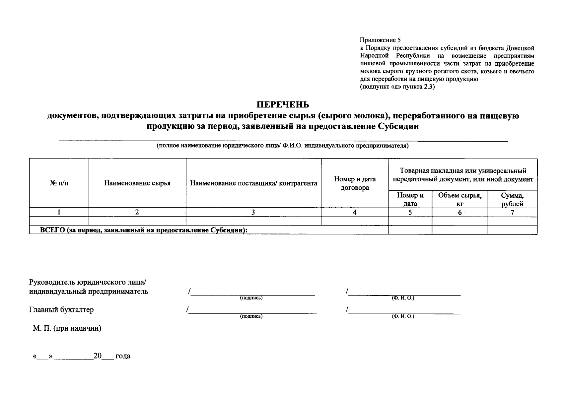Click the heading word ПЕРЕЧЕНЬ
coord(283,104)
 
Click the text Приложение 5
coord(380,40)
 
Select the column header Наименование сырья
coord(137,183)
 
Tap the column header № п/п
coord(59,183)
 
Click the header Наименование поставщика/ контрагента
coord(253,183)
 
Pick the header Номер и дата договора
coord(355,183)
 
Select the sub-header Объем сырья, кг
coord(459,199)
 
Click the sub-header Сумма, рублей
coord(512,199)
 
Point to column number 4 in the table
coord(355,212)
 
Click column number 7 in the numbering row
coord(512,213)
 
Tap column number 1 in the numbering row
coord(59,212)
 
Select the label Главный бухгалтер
coord(61,310)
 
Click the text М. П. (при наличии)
coord(67,328)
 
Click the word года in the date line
coord(123,356)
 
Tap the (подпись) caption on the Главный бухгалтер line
coord(251,316)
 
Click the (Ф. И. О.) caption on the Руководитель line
coord(403,298)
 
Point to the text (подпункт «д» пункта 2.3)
coord(397,87)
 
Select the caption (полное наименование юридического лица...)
coord(283,146)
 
